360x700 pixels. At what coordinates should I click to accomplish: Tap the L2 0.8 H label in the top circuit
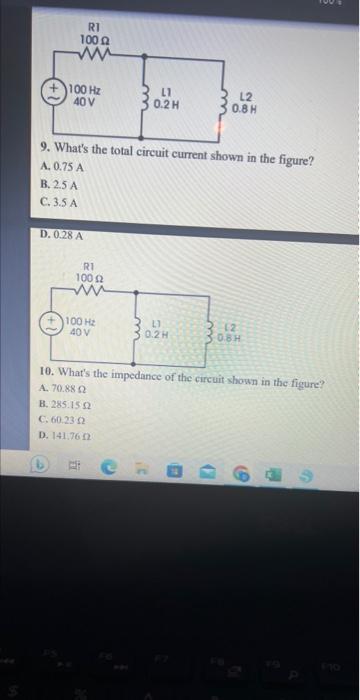click(247, 103)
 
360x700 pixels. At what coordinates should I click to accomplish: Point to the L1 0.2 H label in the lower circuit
click(155, 327)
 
